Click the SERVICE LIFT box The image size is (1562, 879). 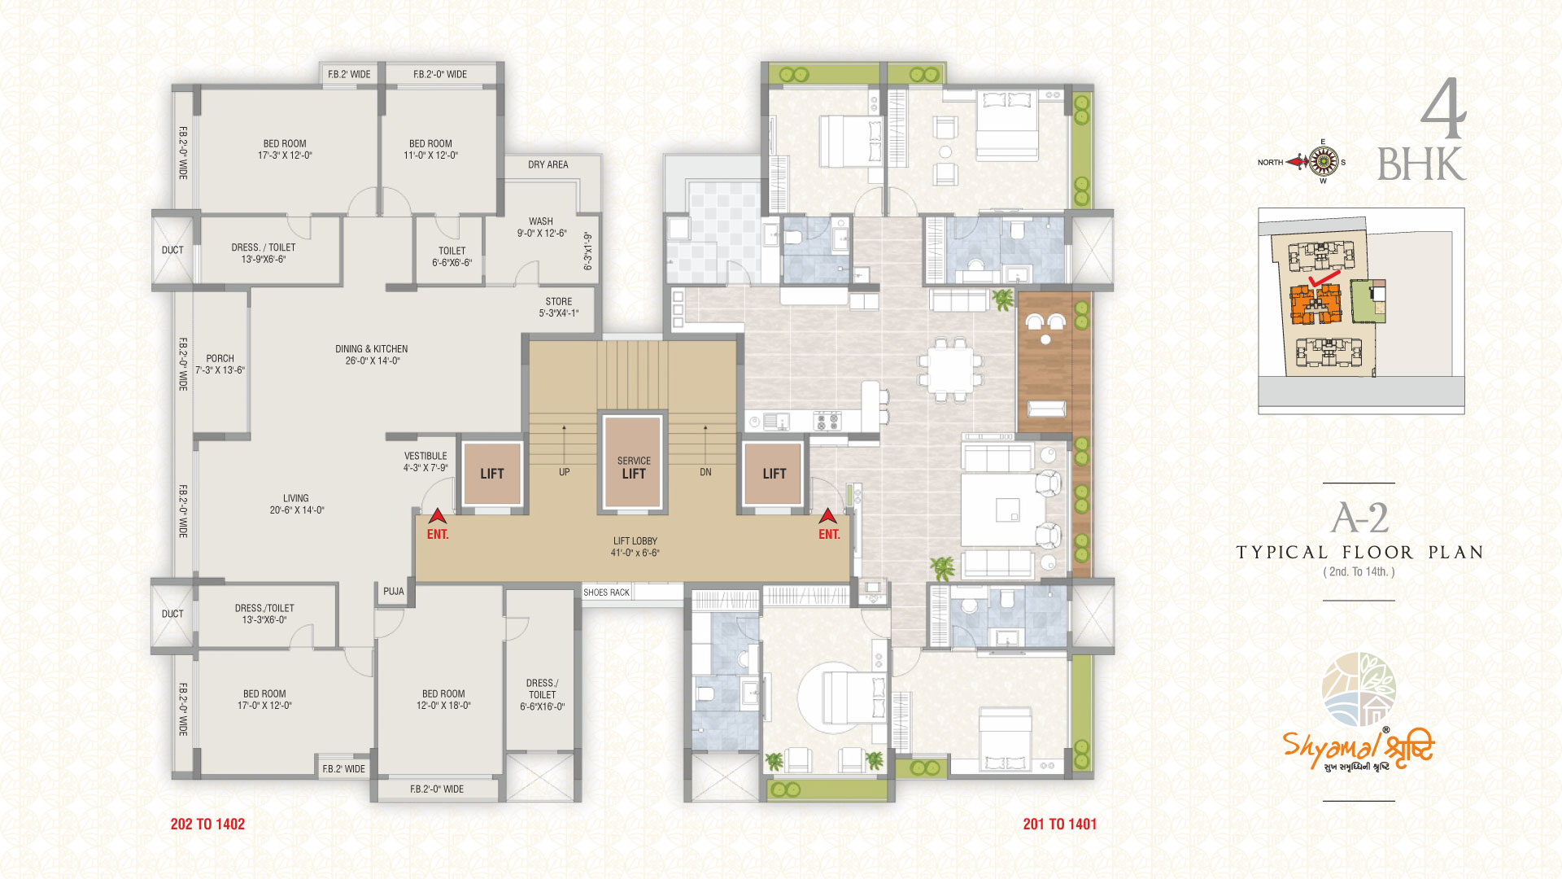[633, 462]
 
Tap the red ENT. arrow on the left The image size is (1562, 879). [438, 515]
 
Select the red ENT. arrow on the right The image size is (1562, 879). [828, 515]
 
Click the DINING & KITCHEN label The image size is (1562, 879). [372, 355]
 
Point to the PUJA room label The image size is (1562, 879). [394, 592]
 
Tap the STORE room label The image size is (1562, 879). [559, 307]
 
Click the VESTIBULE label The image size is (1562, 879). [425, 461]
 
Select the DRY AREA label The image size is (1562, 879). [548, 164]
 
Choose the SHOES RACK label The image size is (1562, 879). [607, 593]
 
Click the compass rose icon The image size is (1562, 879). [1324, 162]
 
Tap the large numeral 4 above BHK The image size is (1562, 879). [1443, 109]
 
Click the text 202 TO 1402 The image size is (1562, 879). [207, 824]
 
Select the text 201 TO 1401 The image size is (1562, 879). [1060, 824]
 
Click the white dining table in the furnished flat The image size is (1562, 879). [950, 370]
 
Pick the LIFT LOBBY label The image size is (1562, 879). [635, 547]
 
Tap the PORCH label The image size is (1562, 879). [220, 364]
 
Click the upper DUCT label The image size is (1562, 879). [172, 250]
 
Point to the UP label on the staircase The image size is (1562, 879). [565, 472]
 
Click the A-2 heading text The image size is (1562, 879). [1359, 518]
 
